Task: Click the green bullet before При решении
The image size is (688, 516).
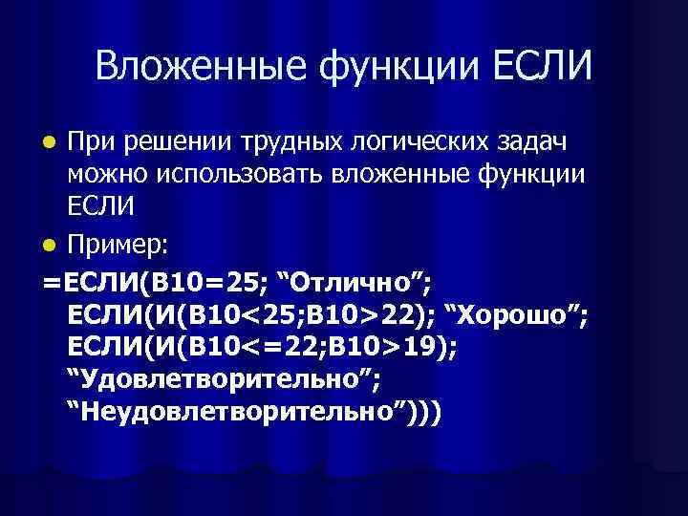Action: [53, 142]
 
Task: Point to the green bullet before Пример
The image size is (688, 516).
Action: [53, 246]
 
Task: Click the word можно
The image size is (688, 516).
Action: [105, 177]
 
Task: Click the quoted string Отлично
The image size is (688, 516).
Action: [353, 282]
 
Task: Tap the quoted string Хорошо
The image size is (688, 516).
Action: [516, 316]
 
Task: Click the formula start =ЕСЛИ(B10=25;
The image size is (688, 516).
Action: [153, 282]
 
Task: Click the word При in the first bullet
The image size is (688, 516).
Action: [91, 142]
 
